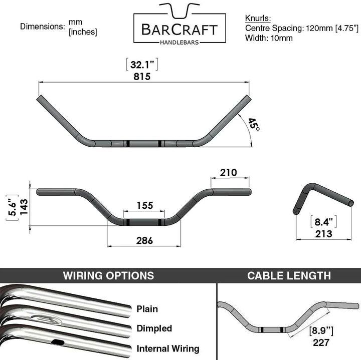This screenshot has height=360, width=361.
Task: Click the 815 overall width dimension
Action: [142, 76]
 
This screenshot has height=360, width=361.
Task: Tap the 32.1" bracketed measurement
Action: [142, 65]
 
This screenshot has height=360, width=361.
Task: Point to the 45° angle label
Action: [254, 124]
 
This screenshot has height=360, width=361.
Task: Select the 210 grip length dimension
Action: [228, 172]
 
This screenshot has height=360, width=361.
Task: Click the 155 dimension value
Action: [144, 205]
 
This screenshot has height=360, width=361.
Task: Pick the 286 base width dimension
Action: [144, 241]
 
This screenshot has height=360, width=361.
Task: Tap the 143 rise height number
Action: [24, 207]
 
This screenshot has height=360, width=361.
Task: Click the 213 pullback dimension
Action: [323, 234]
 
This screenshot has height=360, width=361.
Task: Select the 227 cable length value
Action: [321, 342]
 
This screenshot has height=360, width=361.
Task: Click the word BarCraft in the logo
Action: [179, 30]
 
